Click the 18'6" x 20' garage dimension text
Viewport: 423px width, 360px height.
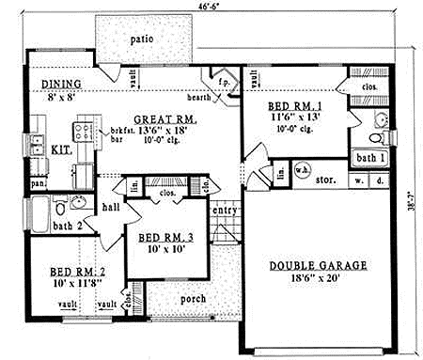[315, 279]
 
